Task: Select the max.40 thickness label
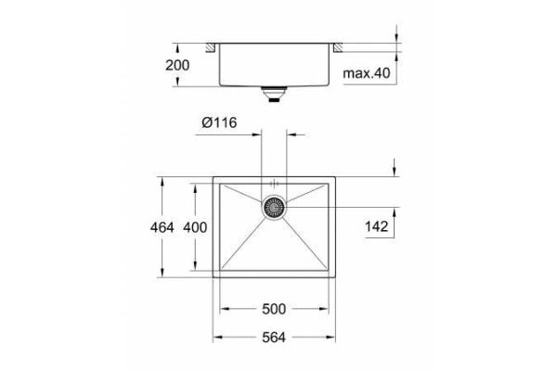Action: tap(369, 71)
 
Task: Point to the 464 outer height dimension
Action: tap(149, 227)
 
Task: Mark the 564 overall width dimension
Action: tap(275, 338)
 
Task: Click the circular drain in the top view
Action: tap(274, 208)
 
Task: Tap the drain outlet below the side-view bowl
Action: tap(274, 94)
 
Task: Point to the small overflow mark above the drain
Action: tap(274, 182)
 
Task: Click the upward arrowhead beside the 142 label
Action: tap(395, 213)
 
